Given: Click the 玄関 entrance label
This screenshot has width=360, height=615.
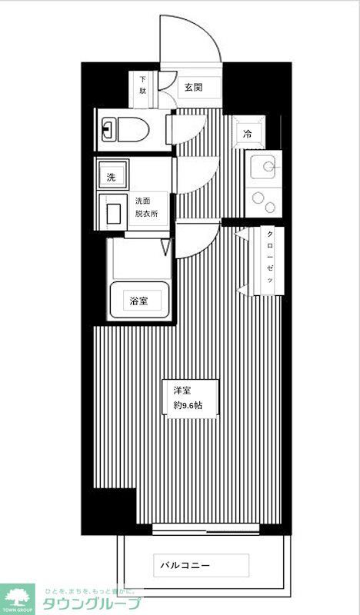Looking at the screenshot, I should pyautogui.click(x=193, y=87).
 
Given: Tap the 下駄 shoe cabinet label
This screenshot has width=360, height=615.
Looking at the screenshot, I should pyautogui.click(x=143, y=85).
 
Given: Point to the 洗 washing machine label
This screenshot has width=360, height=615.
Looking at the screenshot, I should pyautogui.click(x=112, y=176).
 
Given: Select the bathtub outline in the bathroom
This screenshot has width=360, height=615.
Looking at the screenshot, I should pyautogui.click(x=138, y=300).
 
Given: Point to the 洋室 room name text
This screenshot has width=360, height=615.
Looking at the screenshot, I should pyautogui.click(x=182, y=391).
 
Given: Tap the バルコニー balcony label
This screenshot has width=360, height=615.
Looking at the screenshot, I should pyautogui.click(x=185, y=566).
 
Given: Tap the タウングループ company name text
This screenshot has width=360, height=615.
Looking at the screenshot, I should pyautogui.click(x=92, y=603).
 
